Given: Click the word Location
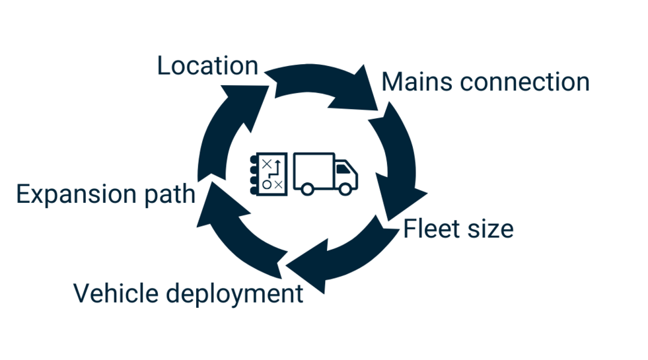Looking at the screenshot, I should click(x=207, y=66).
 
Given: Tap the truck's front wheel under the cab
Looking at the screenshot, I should click(x=345, y=189).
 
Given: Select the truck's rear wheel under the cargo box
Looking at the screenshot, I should click(x=306, y=189).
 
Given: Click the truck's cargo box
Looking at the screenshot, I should click(x=313, y=168).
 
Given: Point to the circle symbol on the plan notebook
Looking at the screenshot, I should click(x=266, y=185).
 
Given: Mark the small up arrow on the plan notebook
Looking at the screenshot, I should click(x=278, y=163).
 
